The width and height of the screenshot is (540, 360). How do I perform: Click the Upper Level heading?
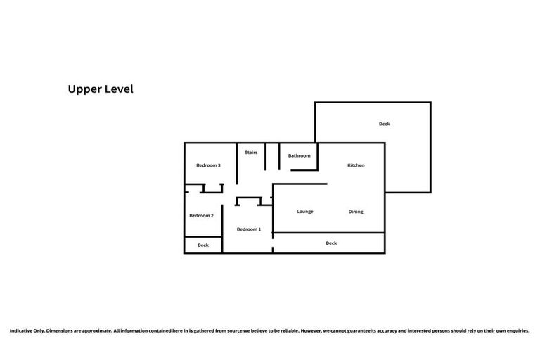pos(100,89)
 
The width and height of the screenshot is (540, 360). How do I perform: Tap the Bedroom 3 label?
pos(208,165)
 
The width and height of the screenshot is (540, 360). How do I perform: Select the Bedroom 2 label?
pos(202,215)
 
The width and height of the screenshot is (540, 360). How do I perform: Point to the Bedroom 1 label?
pos(248,229)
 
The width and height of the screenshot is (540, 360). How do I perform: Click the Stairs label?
pos(251,152)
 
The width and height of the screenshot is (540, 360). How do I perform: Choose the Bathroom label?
pos(299,155)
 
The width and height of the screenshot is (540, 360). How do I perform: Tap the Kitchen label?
pos(356,165)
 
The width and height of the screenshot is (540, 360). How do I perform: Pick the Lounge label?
pos(304,212)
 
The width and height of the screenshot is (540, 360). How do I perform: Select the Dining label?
pos(356,212)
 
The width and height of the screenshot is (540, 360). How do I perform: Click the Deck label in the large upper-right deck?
pos(384,124)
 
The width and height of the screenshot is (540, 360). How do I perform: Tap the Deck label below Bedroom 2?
pos(202,245)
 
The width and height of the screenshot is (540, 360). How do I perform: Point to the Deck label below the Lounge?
pos(331,243)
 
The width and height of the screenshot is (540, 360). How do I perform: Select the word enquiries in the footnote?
pos(517,330)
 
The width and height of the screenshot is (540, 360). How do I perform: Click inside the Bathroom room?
pos(299,162)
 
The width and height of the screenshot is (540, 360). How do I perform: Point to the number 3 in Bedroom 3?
pos(219,165)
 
